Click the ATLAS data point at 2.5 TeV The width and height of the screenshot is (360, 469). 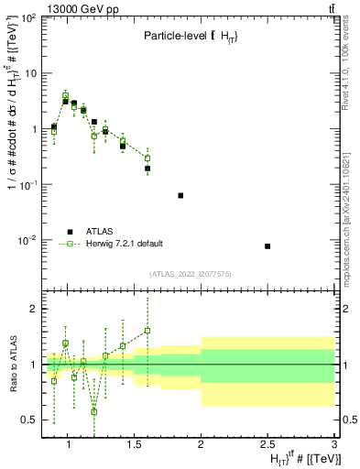coord(267,246)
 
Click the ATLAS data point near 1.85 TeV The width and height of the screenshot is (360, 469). coord(180,195)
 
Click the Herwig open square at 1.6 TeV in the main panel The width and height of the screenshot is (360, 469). coord(147,158)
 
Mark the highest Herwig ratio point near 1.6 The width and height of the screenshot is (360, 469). coord(147,331)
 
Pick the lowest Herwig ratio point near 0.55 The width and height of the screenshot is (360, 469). coord(93,411)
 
